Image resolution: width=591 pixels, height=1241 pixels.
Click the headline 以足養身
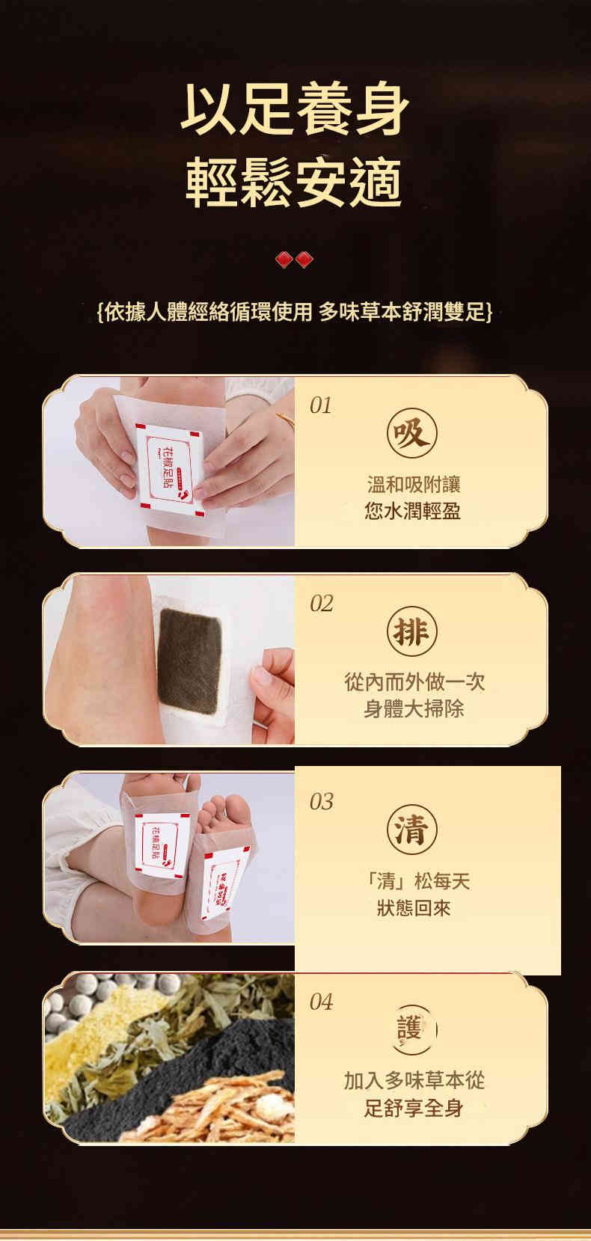coord(295,109)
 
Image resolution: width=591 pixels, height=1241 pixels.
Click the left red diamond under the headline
coord(284,260)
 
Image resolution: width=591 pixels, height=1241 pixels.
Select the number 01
coord(321,405)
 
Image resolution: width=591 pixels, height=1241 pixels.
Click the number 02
coord(322,604)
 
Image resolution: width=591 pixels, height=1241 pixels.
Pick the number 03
coord(321,802)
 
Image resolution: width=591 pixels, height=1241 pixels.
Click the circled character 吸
coord(412,432)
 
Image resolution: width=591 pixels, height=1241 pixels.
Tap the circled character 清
coord(412,830)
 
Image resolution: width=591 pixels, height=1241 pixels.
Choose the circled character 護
coord(412,1029)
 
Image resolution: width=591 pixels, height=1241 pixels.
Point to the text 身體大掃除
coord(413,708)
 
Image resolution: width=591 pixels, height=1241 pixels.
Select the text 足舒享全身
coord(413,1108)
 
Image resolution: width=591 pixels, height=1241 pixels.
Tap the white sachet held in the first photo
coord(169,469)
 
